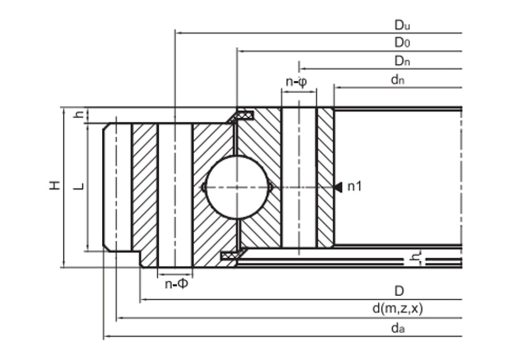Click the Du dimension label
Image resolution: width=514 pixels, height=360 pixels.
point(401,25)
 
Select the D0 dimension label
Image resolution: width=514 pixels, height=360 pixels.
point(401,43)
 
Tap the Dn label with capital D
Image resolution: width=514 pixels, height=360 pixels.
point(401,61)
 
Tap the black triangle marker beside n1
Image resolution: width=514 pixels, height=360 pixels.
point(338,187)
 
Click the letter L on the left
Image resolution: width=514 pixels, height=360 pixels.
point(79,186)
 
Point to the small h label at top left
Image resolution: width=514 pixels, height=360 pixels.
point(79,115)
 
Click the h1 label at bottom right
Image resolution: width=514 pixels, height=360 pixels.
point(417,257)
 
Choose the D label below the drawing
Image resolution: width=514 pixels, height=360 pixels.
point(399,291)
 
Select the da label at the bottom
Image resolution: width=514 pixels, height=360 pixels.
point(397,328)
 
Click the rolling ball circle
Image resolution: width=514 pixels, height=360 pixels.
point(236,187)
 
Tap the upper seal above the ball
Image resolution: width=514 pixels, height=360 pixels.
point(241,115)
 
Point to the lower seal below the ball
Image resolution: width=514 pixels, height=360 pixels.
point(231,256)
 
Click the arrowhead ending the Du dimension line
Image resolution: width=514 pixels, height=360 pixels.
point(178,32)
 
